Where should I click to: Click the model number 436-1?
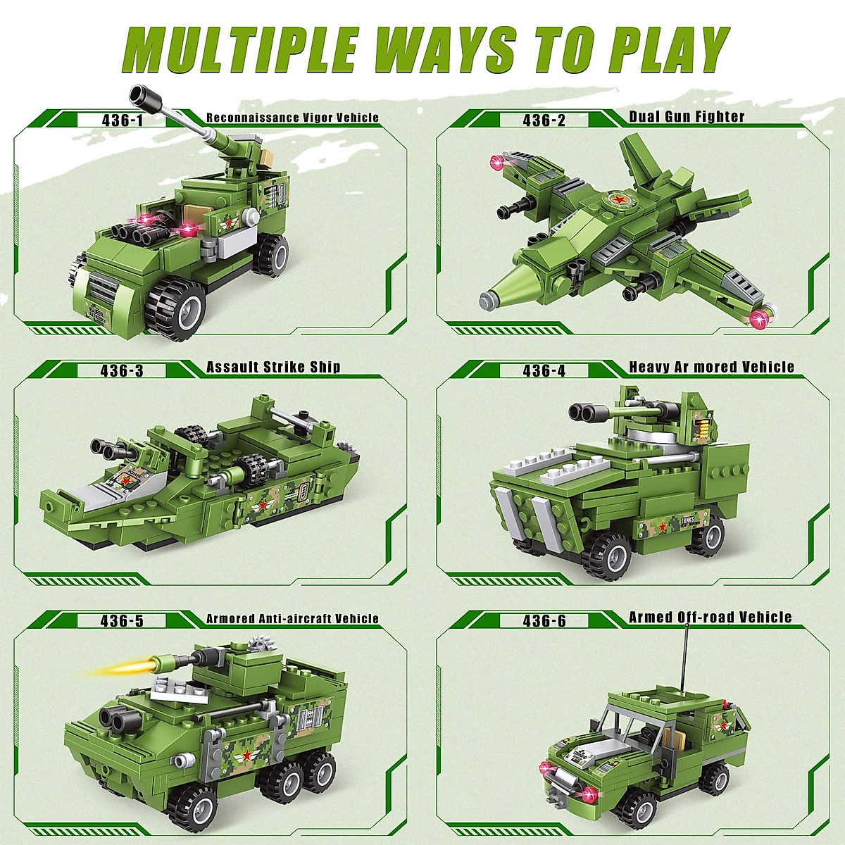[122, 120]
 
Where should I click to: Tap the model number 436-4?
[544, 370]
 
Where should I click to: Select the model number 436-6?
[544, 620]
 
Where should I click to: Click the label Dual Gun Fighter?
[687, 116]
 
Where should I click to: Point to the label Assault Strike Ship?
[273, 367]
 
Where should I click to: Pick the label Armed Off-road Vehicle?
[710, 618]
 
